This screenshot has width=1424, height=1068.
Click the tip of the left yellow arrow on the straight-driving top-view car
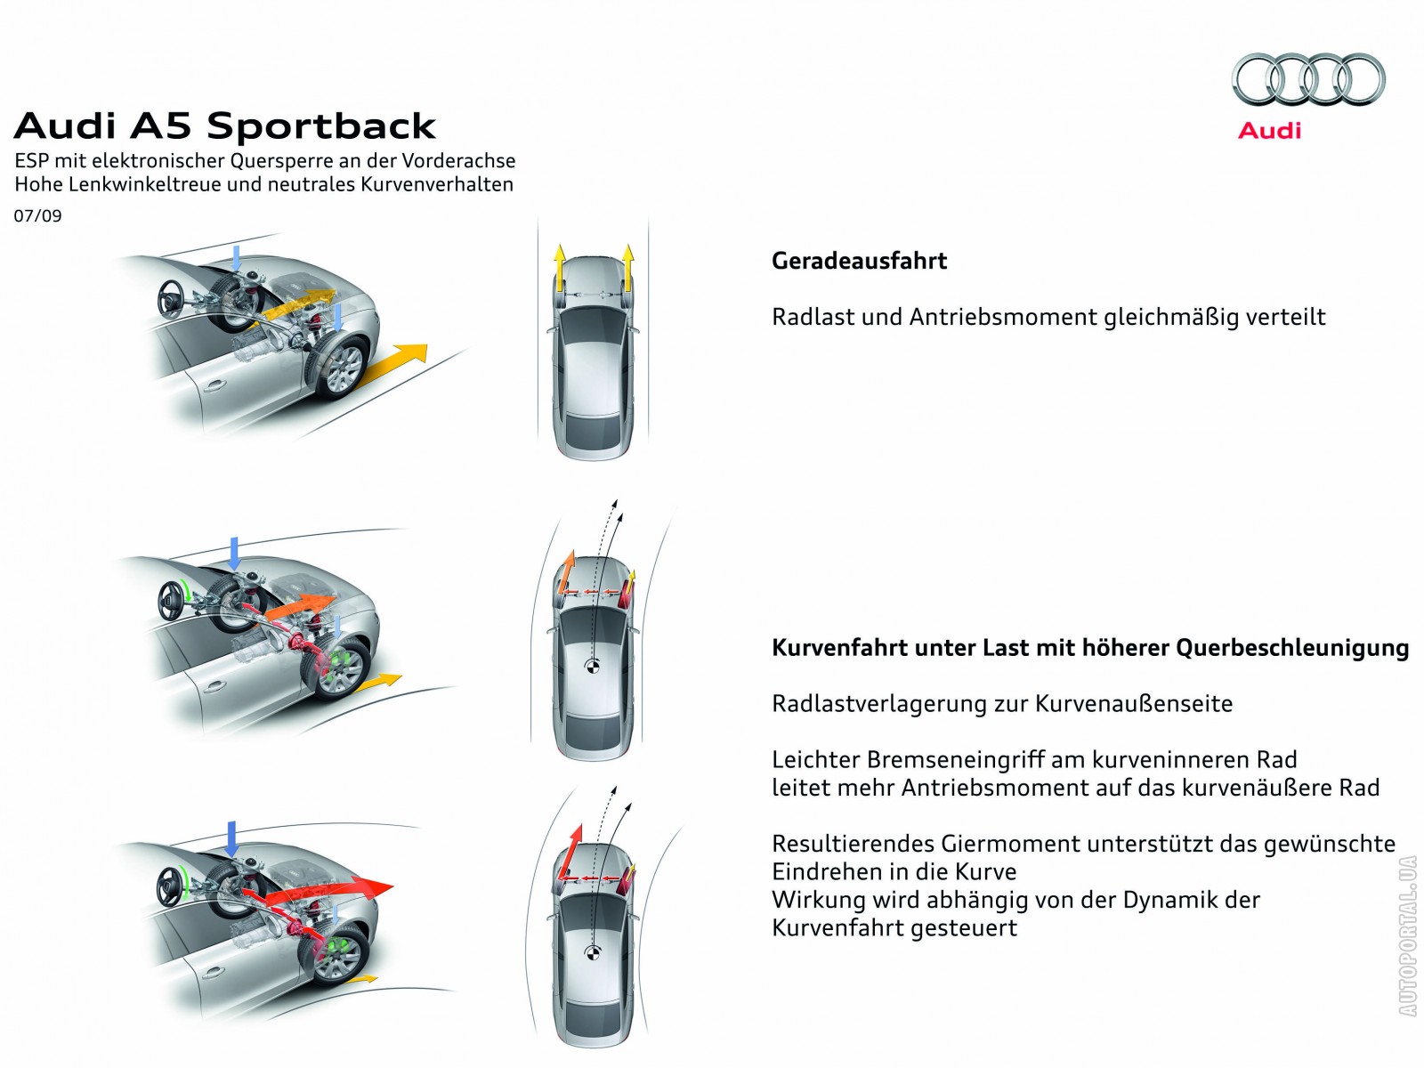[559, 246]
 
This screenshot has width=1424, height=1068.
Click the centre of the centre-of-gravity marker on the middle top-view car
[593, 666]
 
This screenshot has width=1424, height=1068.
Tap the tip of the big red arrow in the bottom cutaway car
[393, 886]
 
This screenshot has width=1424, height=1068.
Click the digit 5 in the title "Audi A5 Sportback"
[177, 125]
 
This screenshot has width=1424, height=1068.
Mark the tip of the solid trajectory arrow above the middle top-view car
[621, 514]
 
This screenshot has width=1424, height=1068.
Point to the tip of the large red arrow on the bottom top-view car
[578, 824]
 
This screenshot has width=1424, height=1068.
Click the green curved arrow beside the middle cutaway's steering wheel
[187, 593]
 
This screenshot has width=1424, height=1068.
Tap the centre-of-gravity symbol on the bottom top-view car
[593, 953]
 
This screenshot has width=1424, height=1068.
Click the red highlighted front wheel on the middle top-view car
[627, 594]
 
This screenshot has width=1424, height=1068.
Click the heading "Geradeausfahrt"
[859, 262]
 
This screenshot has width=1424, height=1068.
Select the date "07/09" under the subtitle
[37, 216]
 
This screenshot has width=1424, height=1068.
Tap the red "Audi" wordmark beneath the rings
[1270, 131]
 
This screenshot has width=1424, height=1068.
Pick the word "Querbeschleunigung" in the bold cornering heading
[1292, 649]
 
